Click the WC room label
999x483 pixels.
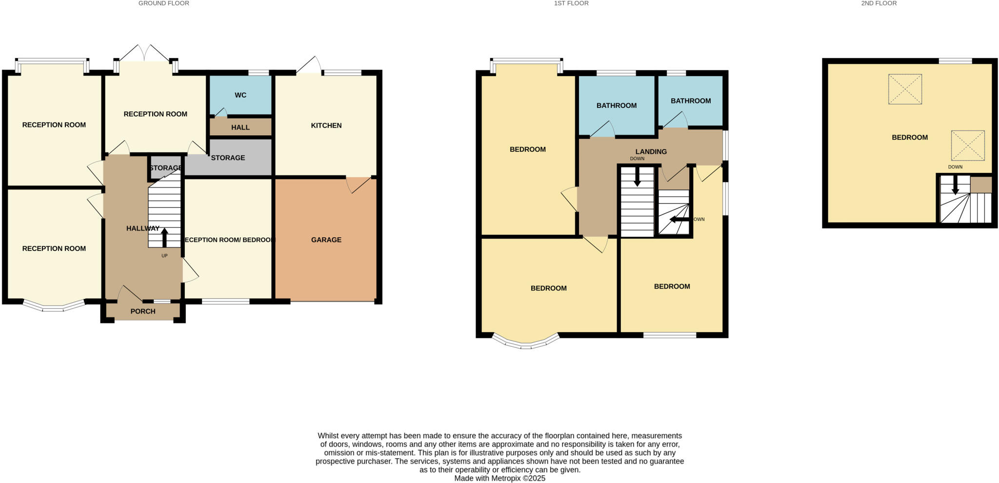[x=240, y=95]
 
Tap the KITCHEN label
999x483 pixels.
[x=326, y=126]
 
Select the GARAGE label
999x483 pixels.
[x=326, y=240]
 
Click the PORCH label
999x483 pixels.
[x=143, y=311]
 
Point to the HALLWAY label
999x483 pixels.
[x=142, y=228]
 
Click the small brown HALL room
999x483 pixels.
[x=240, y=127]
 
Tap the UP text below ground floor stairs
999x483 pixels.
[x=164, y=255]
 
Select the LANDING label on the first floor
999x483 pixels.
[x=651, y=152]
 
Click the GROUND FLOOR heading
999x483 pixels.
[x=164, y=3]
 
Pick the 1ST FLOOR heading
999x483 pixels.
[x=571, y=3]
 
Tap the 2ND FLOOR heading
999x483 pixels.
[x=879, y=3]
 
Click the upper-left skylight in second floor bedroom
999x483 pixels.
[x=905, y=89]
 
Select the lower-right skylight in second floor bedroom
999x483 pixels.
[x=968, y=146]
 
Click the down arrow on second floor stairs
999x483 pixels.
[x=955, y=185]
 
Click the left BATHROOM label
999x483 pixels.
[x=617, y=105]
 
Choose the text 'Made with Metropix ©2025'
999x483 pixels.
[x=499, y=479]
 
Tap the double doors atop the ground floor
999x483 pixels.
[x=145, y=54]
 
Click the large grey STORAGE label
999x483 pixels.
[x=228, y=158]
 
